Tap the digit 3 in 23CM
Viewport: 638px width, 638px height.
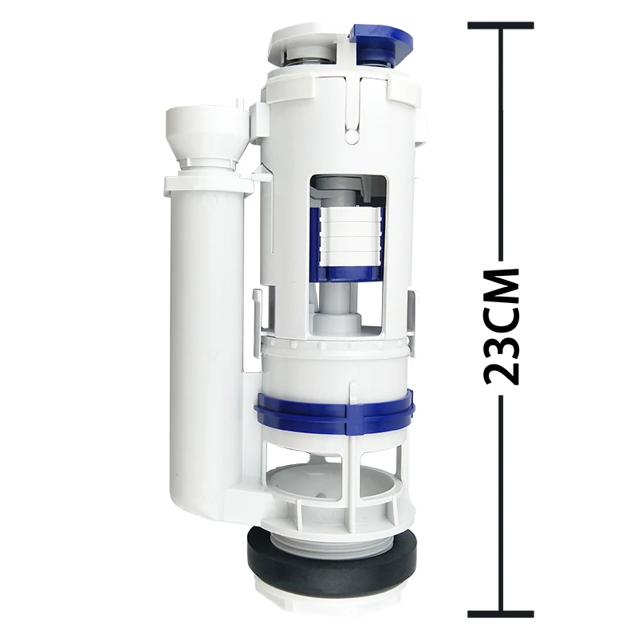coord(502,337)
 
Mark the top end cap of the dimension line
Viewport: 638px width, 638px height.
coord(501,26)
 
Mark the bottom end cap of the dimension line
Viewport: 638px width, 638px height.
coord(501,614)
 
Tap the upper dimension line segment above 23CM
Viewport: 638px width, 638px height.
coord(501,144)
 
